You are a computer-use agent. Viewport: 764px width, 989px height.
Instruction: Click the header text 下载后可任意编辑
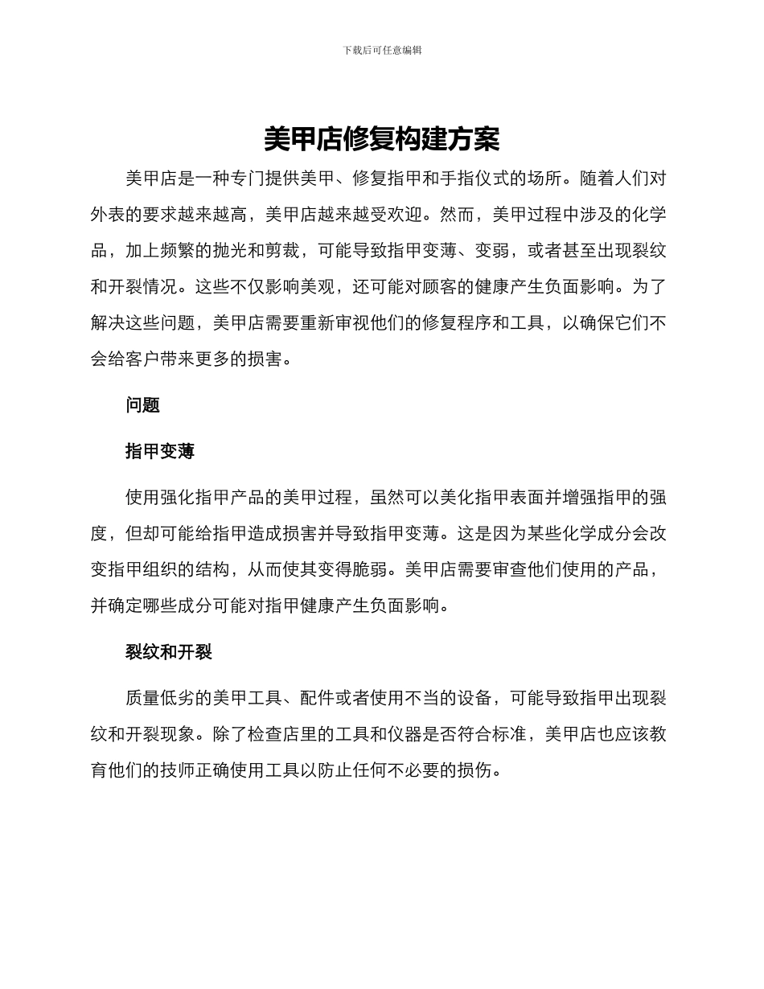382,50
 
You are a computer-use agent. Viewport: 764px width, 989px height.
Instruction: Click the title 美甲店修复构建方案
382,140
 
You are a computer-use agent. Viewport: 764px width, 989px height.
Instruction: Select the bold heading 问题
142,405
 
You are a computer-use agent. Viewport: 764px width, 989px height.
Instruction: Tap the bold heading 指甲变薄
160,452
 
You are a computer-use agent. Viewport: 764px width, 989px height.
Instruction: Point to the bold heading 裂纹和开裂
169,652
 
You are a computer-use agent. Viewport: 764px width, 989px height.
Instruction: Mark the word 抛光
239,250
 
